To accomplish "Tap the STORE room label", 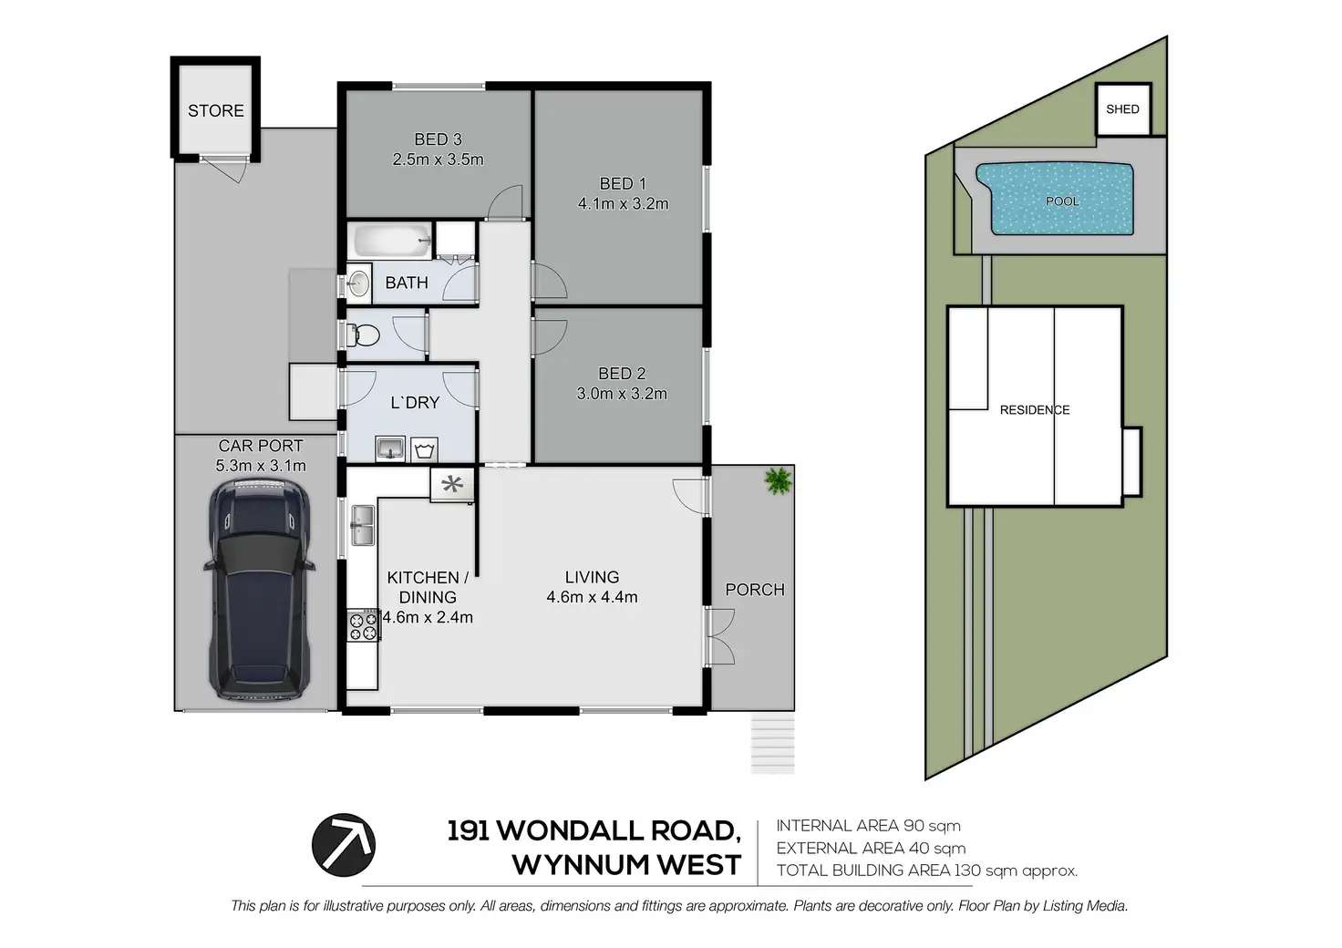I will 216,110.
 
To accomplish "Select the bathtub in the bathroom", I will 391,242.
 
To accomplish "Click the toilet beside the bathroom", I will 364,335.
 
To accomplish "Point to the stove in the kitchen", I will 363,625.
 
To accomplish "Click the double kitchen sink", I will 362,525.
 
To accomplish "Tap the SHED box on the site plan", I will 1122,109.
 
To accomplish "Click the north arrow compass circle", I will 344,844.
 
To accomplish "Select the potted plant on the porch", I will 778,480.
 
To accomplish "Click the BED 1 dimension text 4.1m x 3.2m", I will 623,204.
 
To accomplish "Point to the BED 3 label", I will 438,139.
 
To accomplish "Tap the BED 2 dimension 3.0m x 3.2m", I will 622,394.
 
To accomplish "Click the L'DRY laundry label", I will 415,402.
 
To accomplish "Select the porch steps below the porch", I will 772,743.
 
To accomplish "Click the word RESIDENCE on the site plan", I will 1035,410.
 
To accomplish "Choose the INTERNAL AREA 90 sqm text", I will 868,826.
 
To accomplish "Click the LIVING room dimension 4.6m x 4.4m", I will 592,597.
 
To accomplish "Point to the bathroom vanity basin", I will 357,283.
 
